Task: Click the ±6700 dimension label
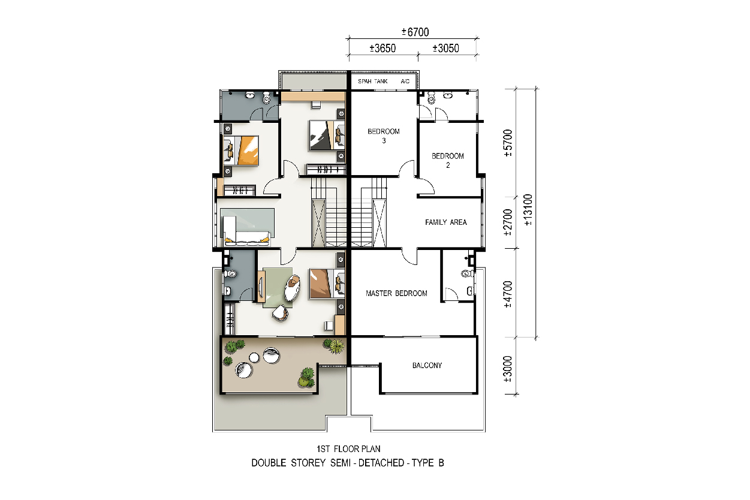pyautogui.click(x=415, y=32)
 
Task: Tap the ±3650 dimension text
pyautogui.click(x=382, y=48)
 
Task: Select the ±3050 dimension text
pyautogui.click(x=445, y=48)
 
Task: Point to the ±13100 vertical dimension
pyautogui.click(x=528, y=210)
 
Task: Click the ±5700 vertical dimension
pyautogui.click(x=508, y=143)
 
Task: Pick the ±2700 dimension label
pyautogui.click(x=508, y=222)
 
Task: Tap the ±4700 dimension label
pyautogui.click(x=508, y=294)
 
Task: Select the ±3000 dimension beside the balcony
pyautogui.click(x=508, y=369)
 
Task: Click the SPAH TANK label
pyautogui.click(x=373, y=82)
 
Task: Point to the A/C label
pyautogui.click(x=405, y=82)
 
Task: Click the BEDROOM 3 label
pyautogui.click(x=384, y=136)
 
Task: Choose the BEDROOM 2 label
pyautogui.click(x=448, y=161)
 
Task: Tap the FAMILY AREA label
pyautogui.click(x=446, y=222)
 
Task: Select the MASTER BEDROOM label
pyautogui.click(x=396, y=293)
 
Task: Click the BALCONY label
pyautogui.click(x=427, y=365)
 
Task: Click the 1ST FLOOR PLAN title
pyautogui.click(x=348, y=449)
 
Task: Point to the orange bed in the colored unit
pyautogui.click(x=241, y=150)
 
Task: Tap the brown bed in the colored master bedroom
pyautogui.click(x=327, y=284)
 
